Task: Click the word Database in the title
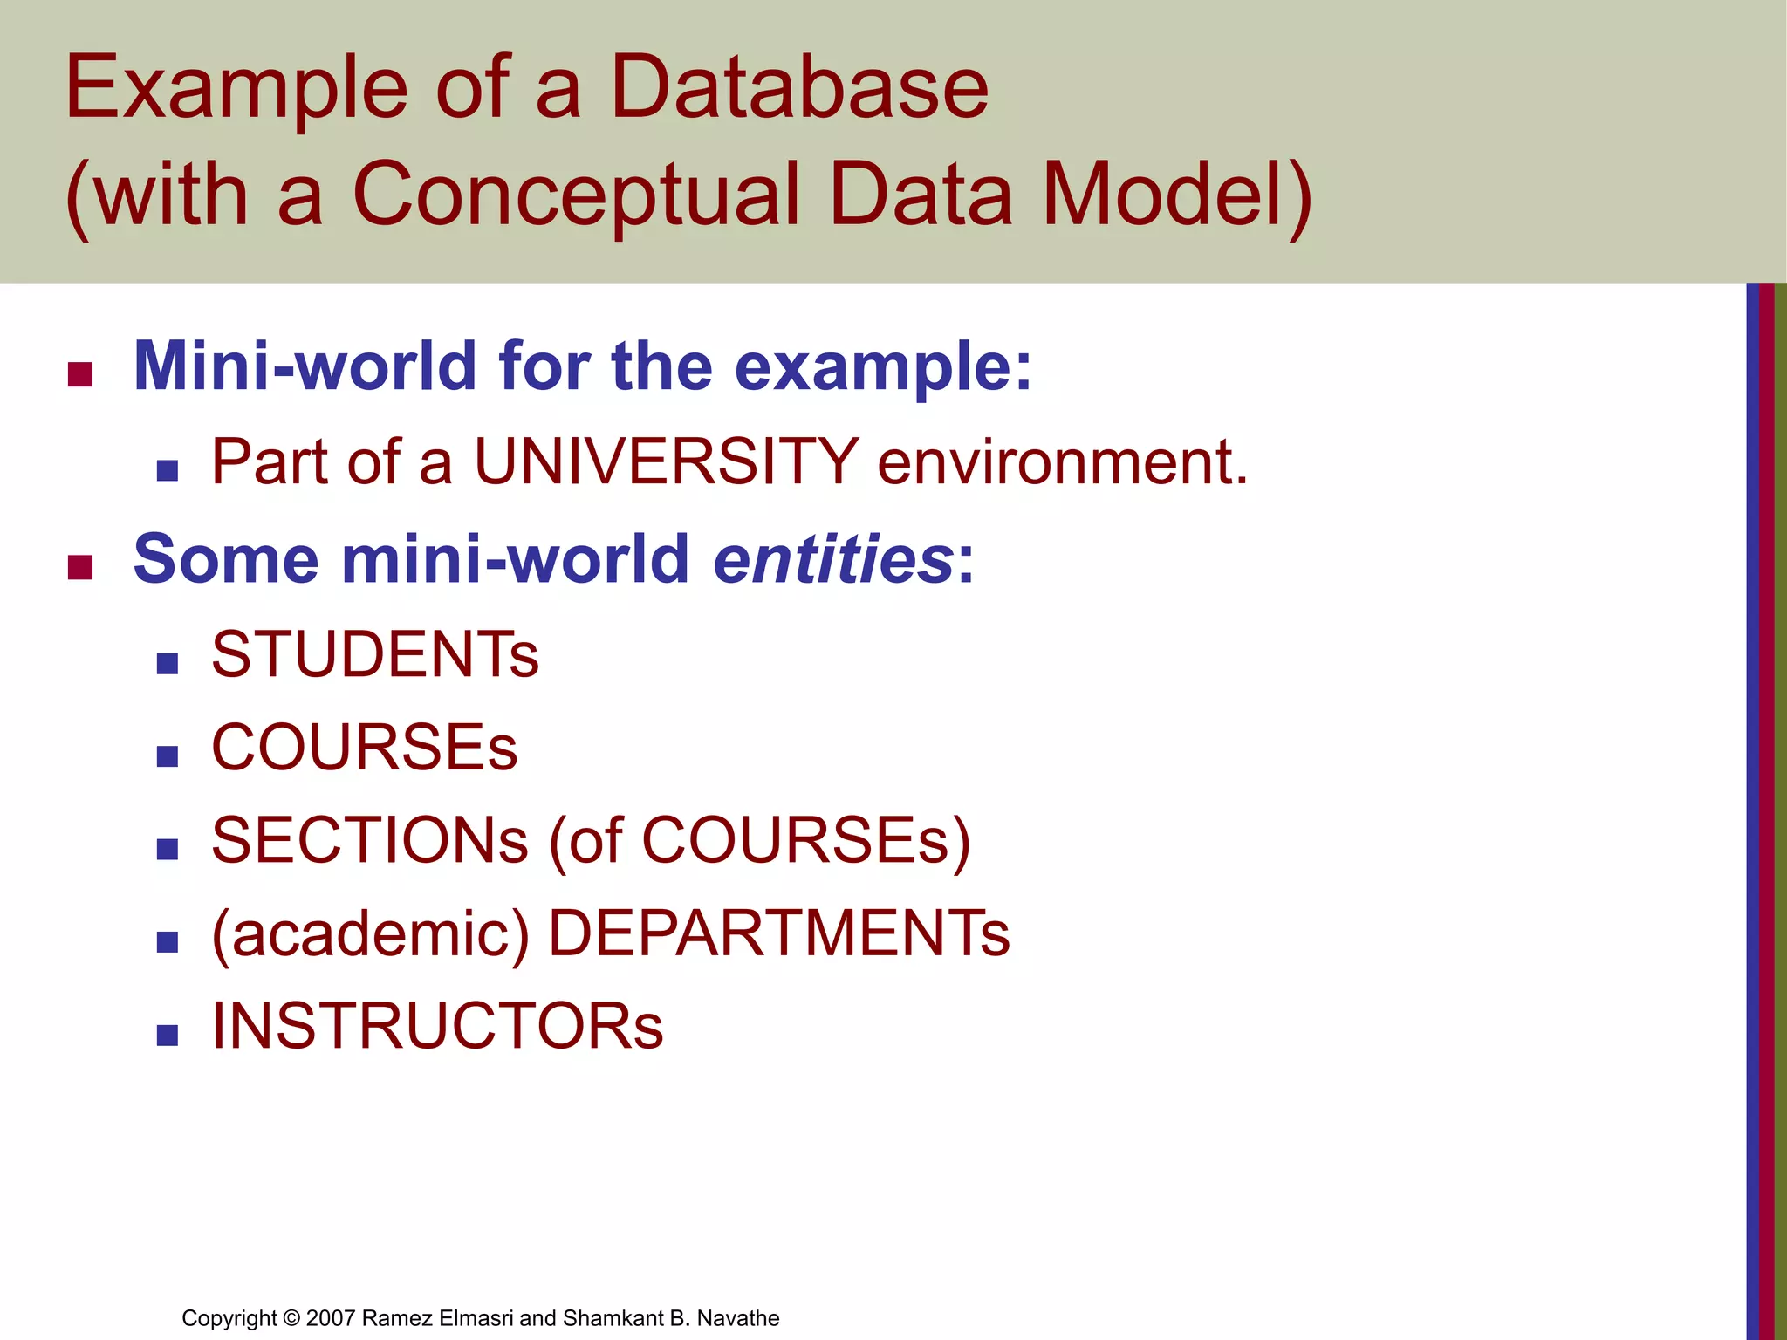798,87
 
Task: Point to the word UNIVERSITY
667,461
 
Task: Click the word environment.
1062,461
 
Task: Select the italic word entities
833,559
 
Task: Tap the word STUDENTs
375,654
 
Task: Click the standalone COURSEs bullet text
365,748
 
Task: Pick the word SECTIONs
370,841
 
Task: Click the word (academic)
370,934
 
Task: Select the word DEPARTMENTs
778,934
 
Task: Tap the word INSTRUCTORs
437,1027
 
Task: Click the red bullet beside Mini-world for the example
80,375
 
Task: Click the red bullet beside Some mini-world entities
80,568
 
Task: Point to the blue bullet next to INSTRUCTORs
168,1036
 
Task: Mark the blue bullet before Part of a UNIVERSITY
168,471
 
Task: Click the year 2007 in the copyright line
331,1318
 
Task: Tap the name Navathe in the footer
738,1318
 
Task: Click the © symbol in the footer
291,1318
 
